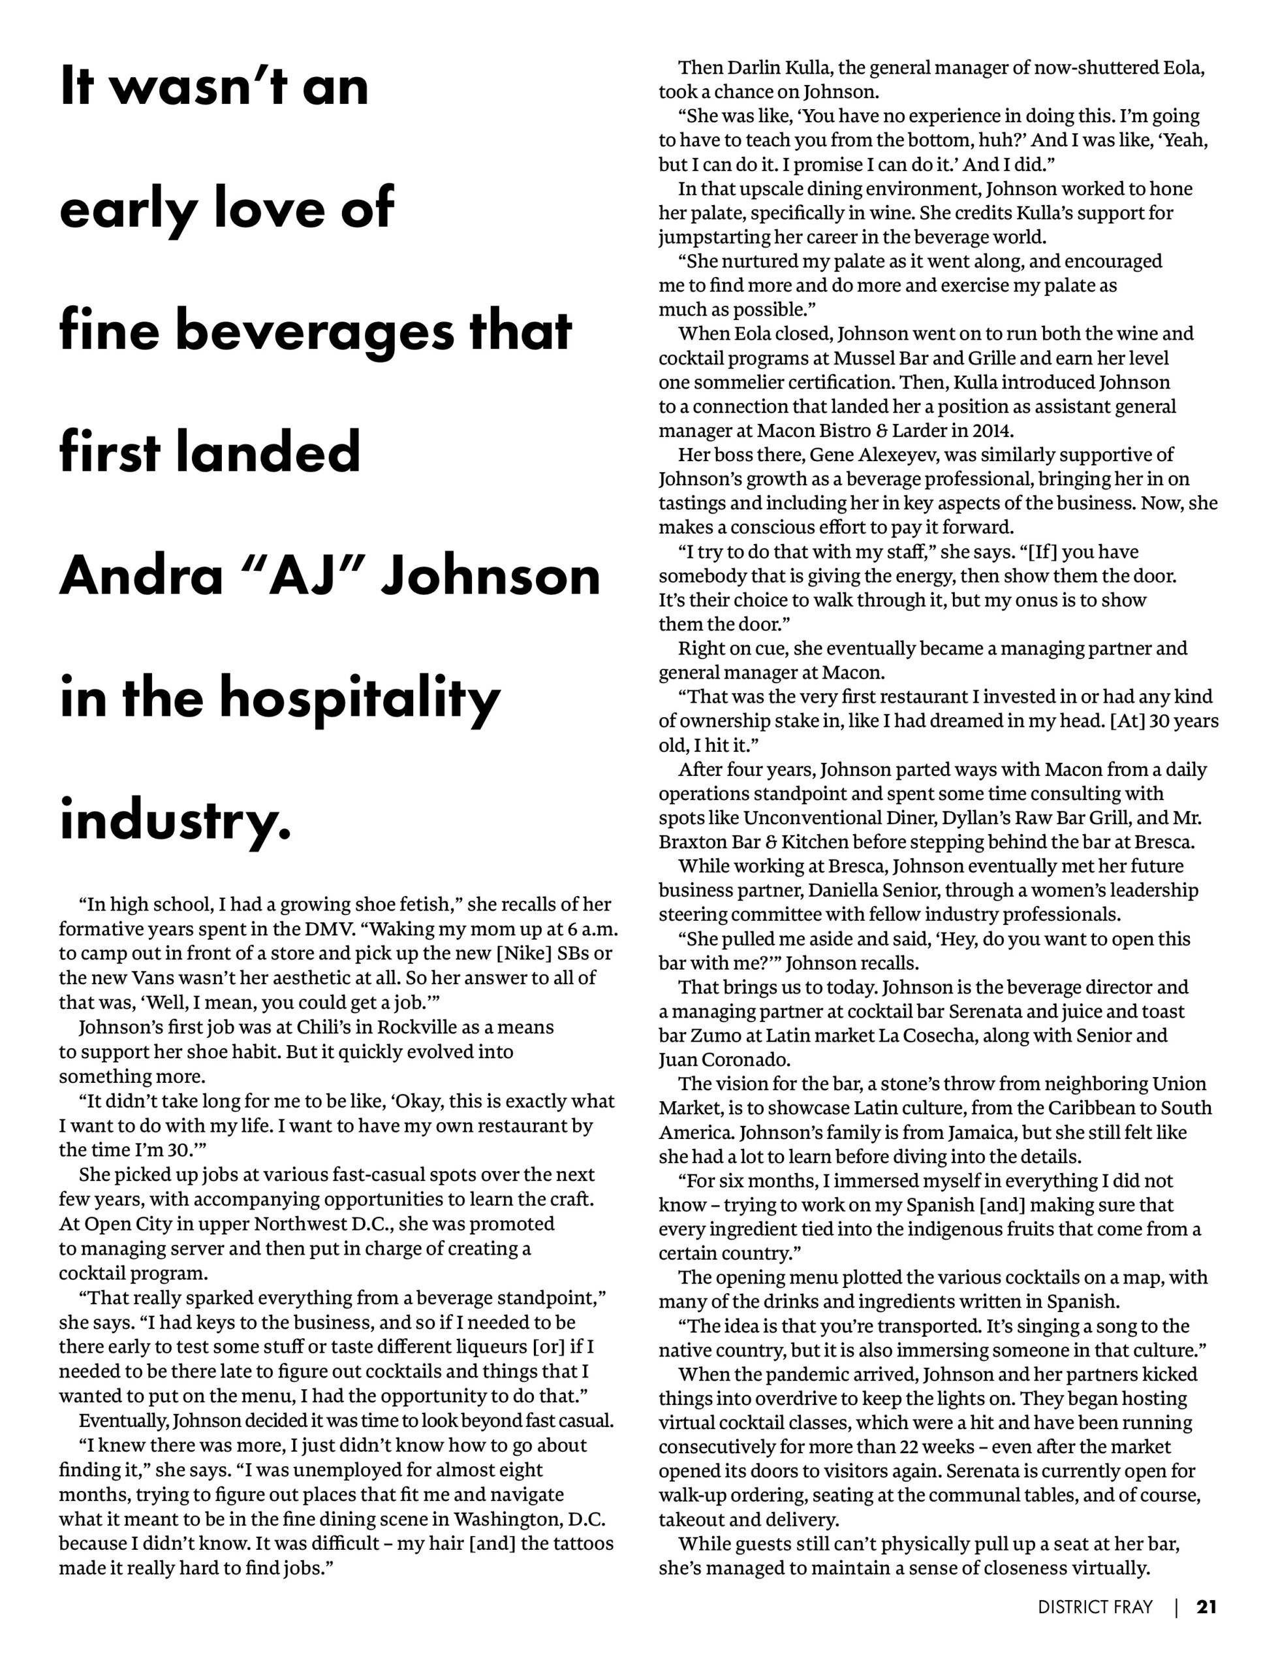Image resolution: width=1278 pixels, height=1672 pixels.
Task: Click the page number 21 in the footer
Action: [x=1206, y=1607]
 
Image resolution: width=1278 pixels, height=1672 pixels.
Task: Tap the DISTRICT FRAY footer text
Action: [x=1095, y=1607]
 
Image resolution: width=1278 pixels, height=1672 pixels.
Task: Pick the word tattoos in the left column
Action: [x=574, y=1543]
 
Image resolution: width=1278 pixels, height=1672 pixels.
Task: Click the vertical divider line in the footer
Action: [x=1177, y=1607]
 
